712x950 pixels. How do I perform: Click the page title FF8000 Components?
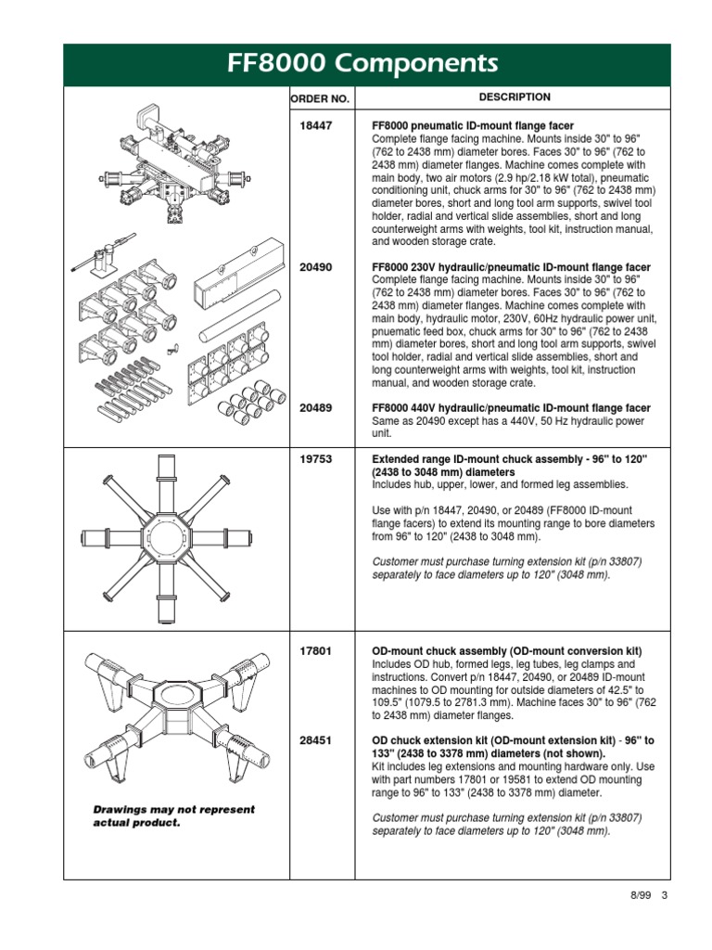[362, 64]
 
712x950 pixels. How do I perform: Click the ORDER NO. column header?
[319, 97]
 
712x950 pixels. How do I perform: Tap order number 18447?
[316, 125]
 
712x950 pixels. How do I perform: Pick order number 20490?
[316, 267]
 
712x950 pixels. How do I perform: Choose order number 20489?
[316, 407]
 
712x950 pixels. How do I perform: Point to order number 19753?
[316, 459]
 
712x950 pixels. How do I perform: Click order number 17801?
[316, 651]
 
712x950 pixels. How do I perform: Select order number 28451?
[316, 741]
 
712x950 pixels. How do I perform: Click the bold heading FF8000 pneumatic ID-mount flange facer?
[472, 125]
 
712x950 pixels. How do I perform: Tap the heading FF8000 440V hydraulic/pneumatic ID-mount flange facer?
[511, 407]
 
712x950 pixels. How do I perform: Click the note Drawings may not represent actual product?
[173, 816]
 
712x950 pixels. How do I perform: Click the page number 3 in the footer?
[665, 895]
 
